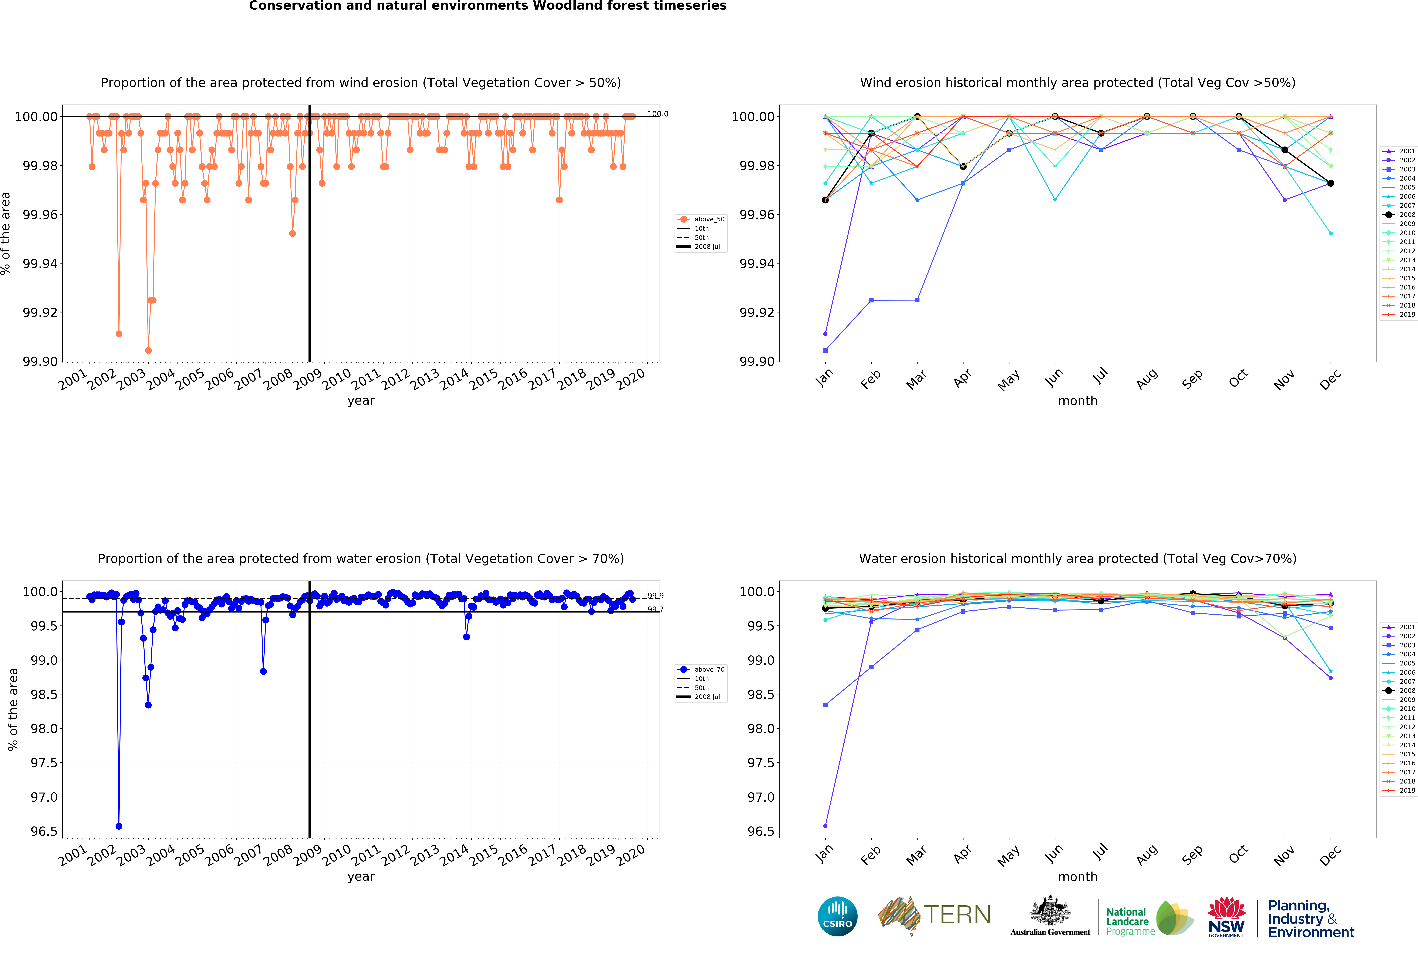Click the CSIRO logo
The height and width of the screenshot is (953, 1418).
[x=837, y=916]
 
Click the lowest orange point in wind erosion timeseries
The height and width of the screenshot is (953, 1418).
[x=148, y=350]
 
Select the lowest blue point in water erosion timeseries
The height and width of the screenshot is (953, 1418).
[x=119, y=826]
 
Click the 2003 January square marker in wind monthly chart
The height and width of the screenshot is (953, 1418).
[x=825, y=350]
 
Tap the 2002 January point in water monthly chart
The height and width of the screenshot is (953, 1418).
[x=825, y=826]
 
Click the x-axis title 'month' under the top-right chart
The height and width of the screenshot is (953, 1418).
[x=1077, y=400]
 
